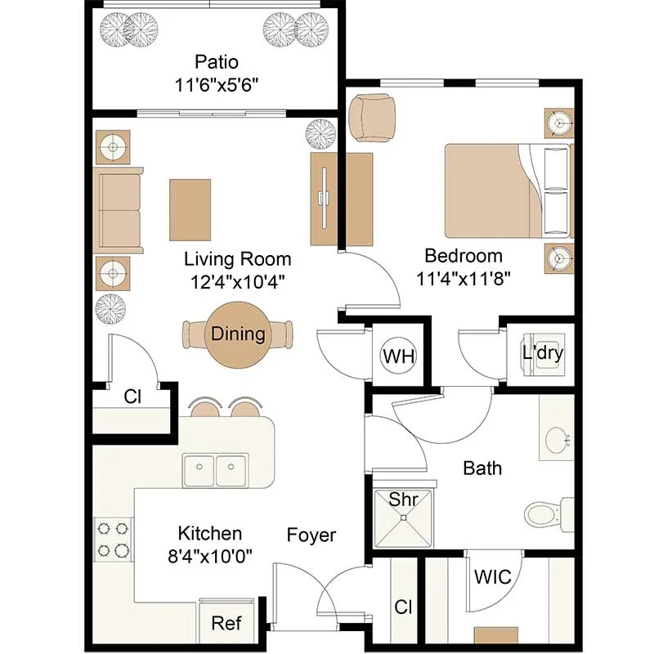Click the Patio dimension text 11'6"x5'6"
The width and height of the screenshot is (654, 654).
[217, 86]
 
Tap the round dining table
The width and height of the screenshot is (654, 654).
[238, 335]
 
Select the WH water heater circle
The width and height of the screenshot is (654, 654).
[399, 356]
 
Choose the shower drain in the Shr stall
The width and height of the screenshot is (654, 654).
[403, 517]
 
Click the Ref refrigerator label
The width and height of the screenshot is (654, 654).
[226, 623]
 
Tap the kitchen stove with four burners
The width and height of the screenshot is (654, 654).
[113, 540]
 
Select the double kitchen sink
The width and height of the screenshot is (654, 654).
[215, 470]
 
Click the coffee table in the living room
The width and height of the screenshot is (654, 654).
[190, 210]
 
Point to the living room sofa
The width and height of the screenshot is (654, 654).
[118, 210]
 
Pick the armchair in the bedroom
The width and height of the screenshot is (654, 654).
[372, 118]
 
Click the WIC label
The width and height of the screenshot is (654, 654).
[493, 577]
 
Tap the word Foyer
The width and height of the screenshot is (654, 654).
[311, 535]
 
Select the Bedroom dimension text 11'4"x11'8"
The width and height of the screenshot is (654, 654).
[464, 279]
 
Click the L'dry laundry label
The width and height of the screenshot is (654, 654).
[543, 353]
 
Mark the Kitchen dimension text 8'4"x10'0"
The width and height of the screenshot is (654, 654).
[210, 556]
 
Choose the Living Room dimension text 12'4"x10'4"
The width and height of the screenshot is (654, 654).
[237, 282]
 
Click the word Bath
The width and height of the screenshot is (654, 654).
[482, 468]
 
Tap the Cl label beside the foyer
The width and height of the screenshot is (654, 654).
[403, 607]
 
